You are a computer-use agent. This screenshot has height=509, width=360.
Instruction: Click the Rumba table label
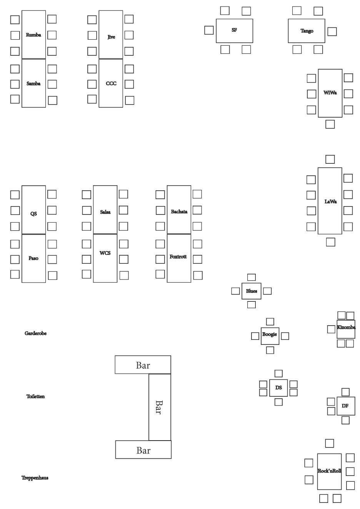[x=33, y=35]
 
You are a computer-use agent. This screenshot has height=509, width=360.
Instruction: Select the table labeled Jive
[x=111, y=35]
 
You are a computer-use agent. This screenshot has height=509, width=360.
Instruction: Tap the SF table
[x=234, y=31]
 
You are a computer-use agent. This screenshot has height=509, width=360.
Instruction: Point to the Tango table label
[x=307, y=31]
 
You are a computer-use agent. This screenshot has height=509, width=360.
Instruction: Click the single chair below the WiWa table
[x=330, y=124]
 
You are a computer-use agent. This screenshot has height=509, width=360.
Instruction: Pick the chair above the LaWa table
[x=330, y=159]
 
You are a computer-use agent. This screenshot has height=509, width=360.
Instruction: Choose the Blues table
[x=252, y=291]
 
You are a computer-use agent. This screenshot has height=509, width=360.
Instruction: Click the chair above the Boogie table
[x=270, y=321]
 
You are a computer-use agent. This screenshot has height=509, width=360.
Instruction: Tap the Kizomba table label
[x=346, y=327]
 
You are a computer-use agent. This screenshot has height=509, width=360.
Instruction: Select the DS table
[x=278, y=388]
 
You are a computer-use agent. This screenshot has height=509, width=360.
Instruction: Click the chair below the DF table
[x=345, y=420]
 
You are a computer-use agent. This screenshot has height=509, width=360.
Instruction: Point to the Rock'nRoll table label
[x=329, y=471]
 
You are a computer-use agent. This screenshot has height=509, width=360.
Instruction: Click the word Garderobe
[x=35, y=333]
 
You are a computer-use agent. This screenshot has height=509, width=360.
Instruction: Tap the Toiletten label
[x=35, y=396]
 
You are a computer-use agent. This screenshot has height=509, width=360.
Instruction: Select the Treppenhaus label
[x=35, y=478]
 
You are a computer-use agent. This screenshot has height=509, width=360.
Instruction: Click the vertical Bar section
[x=160, y=407]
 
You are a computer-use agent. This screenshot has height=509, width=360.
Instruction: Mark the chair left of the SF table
[x=209, y=30]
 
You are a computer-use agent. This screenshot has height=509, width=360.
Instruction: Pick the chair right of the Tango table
[x=332, y=32]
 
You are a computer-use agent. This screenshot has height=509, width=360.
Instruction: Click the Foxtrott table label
[x=178, y=256]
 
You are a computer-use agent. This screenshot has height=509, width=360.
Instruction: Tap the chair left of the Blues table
[x=235, y=291]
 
